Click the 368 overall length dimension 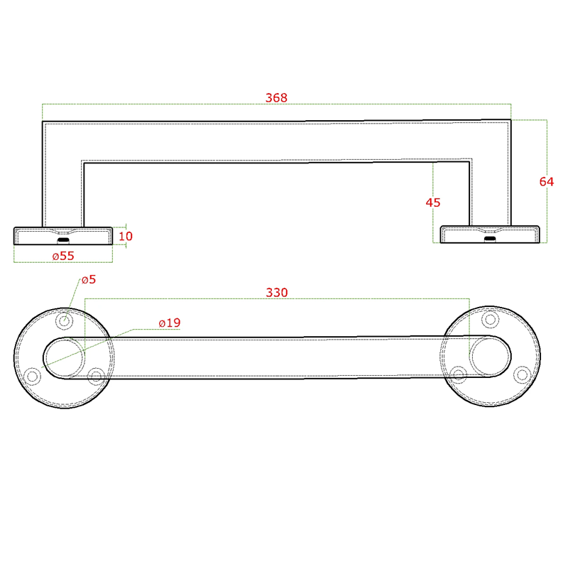(x=276, y=98)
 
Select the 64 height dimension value (x=546, y=181)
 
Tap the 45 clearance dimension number (x=433, y=202)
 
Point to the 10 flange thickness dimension (x=126, y=236)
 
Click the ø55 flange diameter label (x=63, y=255)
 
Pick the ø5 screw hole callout (x=89, y=279)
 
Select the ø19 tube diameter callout (x=170, y=323)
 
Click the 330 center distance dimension (x=277, y=292)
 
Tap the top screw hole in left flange (x=65, y=320)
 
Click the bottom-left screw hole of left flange (x=32, y=376)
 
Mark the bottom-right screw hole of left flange (x=96, y=376)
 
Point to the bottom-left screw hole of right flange (x=458, y=374)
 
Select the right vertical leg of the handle (x=491, y=178)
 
